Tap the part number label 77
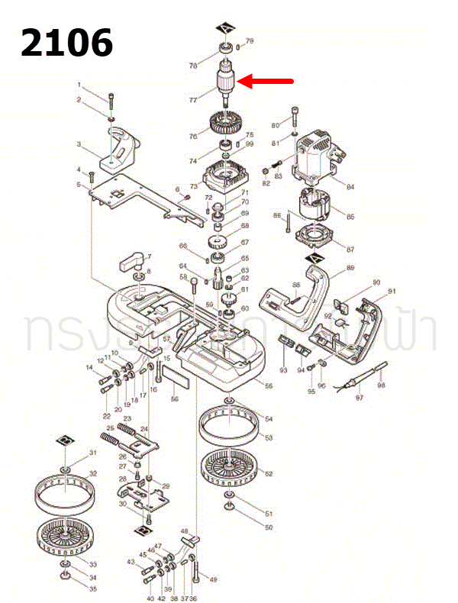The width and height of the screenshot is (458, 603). pyautogui.click(x=193, y=99)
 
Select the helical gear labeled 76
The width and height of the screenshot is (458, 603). pyautogui.click(x=227, y=124)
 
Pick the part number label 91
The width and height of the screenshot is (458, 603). pyautogui.click(x=392, y=291)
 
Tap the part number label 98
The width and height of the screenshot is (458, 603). pyautogui.click(x=381, y=385)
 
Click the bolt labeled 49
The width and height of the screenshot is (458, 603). pyautogui.click(x=198, y=568)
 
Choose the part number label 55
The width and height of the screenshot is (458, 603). pyautogui.click(x=268, y=386)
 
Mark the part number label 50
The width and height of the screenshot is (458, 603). pyautogui.click(x=268, y=527)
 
